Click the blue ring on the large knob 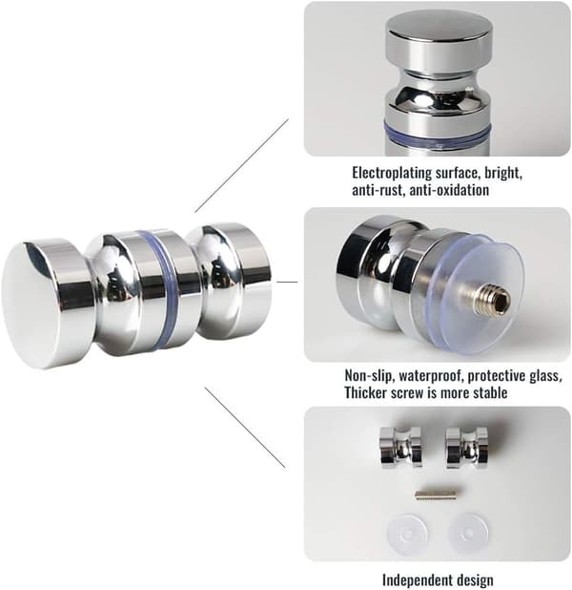click(157, 289)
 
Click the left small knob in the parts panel click(400, 447)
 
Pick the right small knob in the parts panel click(467, 447)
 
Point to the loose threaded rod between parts click(436, 494)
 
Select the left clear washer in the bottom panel click(408, 534)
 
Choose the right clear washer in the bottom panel click(468, 534)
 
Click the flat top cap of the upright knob click(439, 25)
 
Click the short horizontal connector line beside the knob click(287, 282)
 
